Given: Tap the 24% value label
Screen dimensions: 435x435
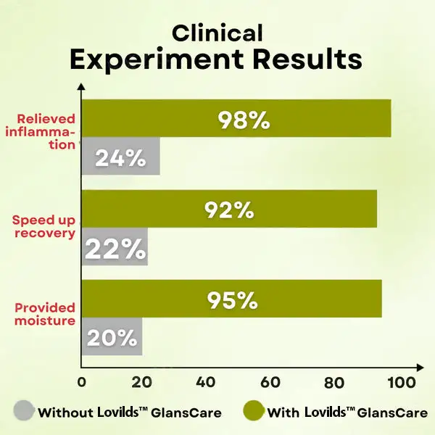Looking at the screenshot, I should pos(120,157).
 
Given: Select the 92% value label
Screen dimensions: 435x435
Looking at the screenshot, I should pos(228,210).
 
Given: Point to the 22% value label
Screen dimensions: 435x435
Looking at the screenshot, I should pos(115,249).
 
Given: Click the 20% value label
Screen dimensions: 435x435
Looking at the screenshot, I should pos(112,338).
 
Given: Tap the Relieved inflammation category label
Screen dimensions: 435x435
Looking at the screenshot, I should pos(46,130).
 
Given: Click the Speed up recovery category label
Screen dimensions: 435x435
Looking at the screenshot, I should pos(44,226).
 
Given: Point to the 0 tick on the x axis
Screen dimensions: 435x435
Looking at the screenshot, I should pos(81,382).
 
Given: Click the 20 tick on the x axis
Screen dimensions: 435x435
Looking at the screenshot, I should pos(143,382).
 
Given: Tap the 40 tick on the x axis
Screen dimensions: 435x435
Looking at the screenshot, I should pos(205,382).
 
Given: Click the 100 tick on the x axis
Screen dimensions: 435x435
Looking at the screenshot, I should pos(402,382).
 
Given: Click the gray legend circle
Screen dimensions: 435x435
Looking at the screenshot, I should pos(25,413).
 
